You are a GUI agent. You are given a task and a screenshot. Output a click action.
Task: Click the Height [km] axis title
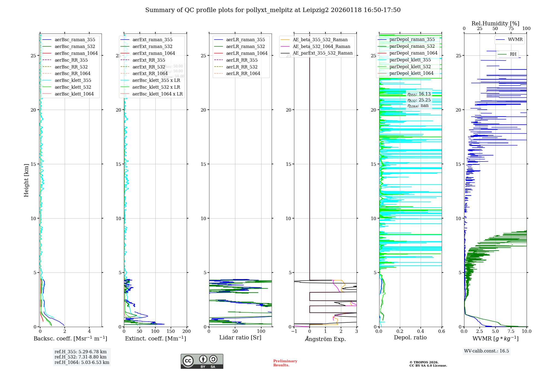26,180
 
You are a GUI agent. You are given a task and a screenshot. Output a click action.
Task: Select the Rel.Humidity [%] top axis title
495,23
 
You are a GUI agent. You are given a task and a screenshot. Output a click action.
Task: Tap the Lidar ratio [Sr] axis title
240,337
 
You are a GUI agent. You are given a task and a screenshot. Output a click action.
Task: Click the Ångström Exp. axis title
325,339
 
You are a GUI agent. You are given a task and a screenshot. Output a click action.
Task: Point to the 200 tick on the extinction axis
187,331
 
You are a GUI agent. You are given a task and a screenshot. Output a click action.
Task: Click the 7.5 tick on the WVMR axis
511,331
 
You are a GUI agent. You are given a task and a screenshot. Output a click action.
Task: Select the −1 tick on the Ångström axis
294,331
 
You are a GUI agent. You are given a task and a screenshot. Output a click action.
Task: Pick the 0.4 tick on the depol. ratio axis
421,331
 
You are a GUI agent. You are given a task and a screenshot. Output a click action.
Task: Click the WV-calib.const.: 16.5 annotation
486,351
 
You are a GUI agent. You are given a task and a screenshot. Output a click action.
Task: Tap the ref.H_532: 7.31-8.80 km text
81,357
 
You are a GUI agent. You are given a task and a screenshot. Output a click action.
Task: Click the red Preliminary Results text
285,363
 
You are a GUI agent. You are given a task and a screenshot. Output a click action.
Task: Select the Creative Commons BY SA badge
202,361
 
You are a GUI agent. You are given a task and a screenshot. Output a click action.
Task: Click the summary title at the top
273,10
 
